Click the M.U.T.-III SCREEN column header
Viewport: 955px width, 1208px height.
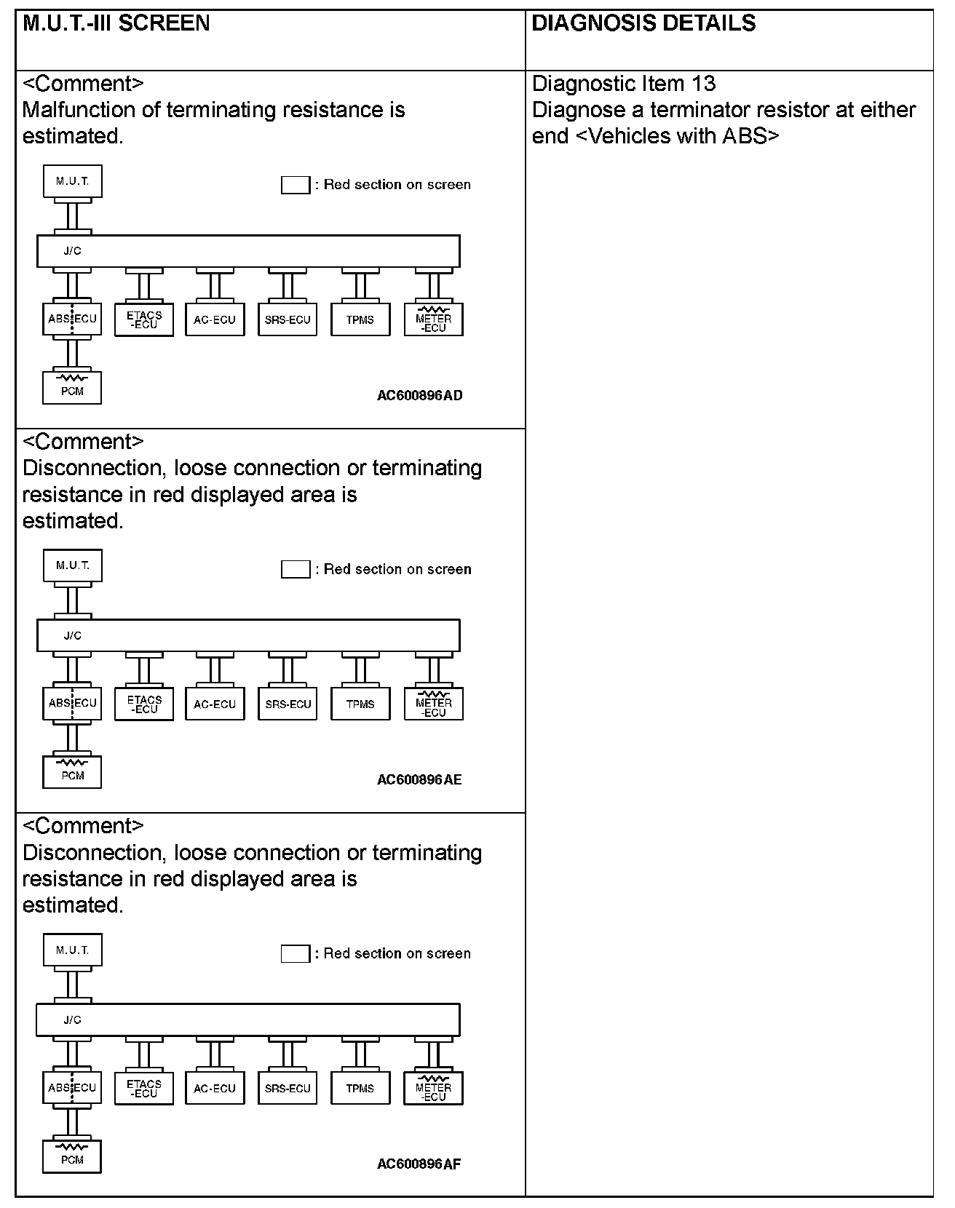pos(116,24)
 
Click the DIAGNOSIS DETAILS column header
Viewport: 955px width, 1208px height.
pos(643,24)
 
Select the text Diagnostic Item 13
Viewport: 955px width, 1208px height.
pos(624,84)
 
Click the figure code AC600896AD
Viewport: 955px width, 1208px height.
pos(419,396)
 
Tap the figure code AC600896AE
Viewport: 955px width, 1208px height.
pos(419,780)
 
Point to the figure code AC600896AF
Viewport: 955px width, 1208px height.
pos(419,1164)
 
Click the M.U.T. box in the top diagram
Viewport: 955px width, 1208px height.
pos(72,181)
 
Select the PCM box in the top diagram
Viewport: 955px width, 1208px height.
pos(72,388)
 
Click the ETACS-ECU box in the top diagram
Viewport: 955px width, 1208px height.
pos(144,319)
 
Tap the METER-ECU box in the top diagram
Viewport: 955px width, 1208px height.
pos(434,319)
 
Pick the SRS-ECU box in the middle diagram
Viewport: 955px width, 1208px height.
pos(288,704)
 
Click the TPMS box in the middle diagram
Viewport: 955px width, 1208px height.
pos(360,704)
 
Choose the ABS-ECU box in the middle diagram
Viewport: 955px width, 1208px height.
pos(72,704)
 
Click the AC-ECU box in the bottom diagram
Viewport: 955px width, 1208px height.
pos(215,1089)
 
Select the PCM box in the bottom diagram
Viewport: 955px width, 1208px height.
pos(72,1156)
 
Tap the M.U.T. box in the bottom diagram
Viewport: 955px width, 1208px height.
pos(72,950)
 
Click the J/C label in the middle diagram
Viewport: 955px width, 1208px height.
pos(72,636)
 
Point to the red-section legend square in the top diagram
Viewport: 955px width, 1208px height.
pos(296,185)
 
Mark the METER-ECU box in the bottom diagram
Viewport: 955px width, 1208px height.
pos(433,1089)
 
